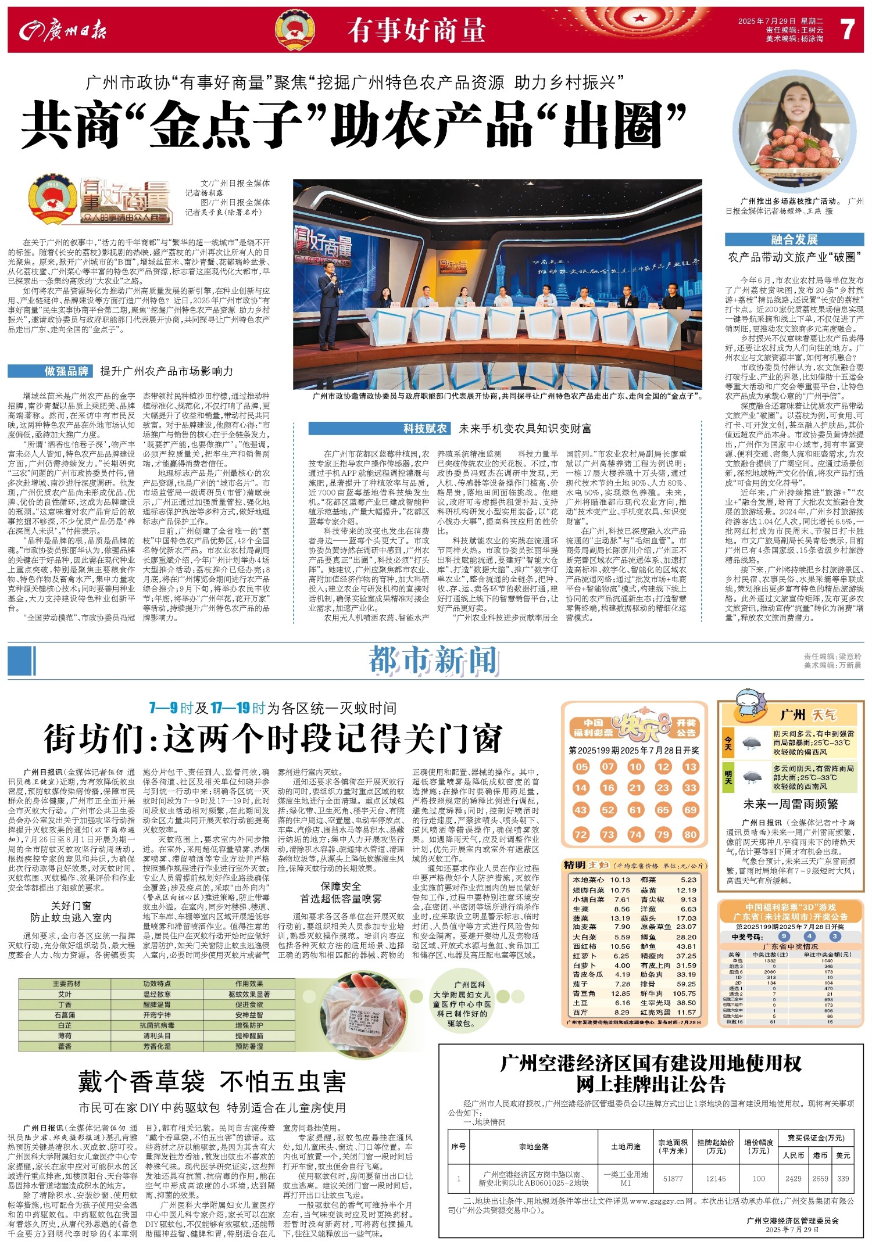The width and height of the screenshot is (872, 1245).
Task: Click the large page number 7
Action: [848, 29]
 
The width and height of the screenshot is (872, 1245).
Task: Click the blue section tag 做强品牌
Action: [51, 371]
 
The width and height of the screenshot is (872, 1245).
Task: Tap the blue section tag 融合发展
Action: [794, 239]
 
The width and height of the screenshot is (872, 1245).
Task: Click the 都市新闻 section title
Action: [434, 661]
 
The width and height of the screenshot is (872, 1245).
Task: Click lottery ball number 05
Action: [581, 766]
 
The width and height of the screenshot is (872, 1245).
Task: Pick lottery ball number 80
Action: [690, 834]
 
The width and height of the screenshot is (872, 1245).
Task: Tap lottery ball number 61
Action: [635, 810]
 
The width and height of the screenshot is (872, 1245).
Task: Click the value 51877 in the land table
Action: [673, 1178]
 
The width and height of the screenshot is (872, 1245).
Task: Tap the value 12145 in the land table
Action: [716, 1178]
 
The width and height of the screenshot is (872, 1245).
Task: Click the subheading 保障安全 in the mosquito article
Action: [341, 886]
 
